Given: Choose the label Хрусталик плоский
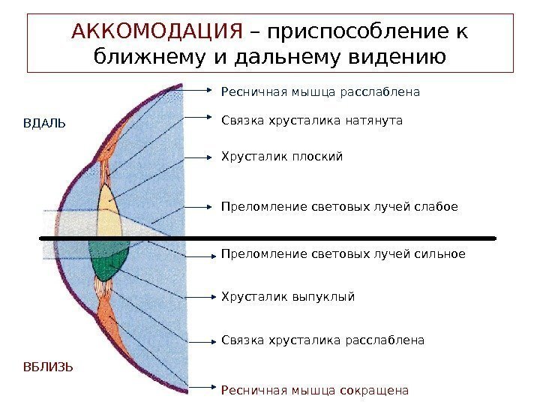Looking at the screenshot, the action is tap(281, 157).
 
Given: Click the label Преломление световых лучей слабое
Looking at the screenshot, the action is tap(339, 206).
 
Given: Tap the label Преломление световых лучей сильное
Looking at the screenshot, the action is tap(343, 253).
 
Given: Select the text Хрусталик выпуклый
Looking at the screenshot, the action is tap(287, 296).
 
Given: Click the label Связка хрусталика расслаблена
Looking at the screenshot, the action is tap(322, 340).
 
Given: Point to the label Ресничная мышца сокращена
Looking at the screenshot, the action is tap(315, 390).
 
